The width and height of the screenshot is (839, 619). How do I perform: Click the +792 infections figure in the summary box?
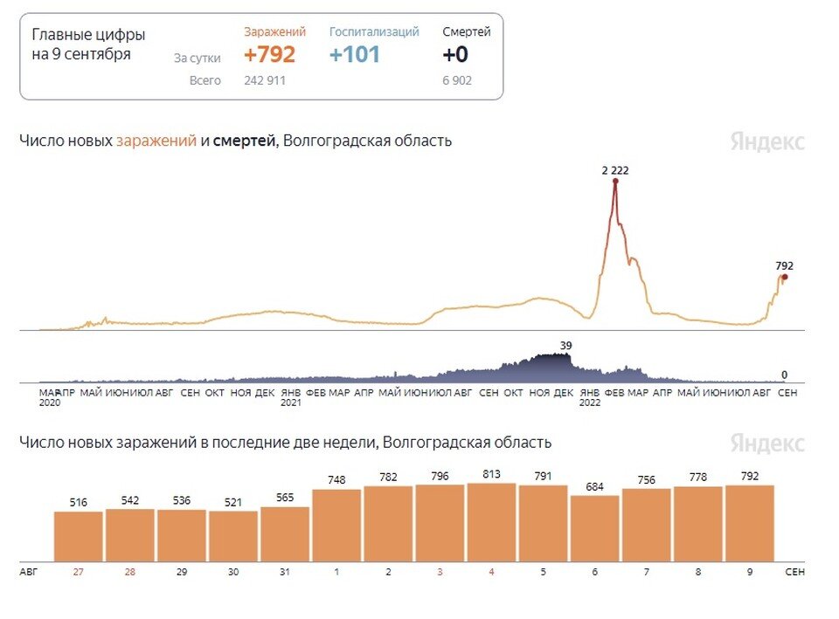[x=269, y=55]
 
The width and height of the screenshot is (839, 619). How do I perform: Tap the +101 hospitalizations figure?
[x=355, y=55]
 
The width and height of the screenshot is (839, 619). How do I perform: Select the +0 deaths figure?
[x=455, y=55]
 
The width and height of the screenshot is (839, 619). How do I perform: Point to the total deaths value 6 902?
[x=460, y=80]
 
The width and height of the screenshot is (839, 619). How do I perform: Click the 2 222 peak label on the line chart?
[x=615, y=170]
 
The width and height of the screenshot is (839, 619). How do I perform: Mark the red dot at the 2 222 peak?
[x=615, y=182]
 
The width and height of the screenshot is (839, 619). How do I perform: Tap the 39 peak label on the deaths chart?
[x=565, y=346]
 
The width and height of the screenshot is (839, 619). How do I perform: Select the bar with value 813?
[x=491, y=522]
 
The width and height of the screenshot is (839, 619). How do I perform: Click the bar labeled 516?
[x=79, y=536]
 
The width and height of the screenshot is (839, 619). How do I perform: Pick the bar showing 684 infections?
[x=594, y=528]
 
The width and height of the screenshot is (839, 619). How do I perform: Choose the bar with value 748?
[x=336, y=525]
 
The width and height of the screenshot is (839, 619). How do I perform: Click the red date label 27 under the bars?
[x=79, y=572]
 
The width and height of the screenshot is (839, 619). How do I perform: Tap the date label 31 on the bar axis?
[x=285, y=572]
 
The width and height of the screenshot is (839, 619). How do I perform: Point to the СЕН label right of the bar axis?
[x=794, y=572]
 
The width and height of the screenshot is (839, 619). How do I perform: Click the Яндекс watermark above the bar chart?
[x=767, y=444]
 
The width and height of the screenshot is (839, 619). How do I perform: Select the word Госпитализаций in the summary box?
[x=374, y=32]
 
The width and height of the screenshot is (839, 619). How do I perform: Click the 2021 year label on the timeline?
[x=291, y=403]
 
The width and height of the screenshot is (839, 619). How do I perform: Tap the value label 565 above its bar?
[x=285, y=499]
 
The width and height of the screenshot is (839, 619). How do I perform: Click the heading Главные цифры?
[x=88, y=36]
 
